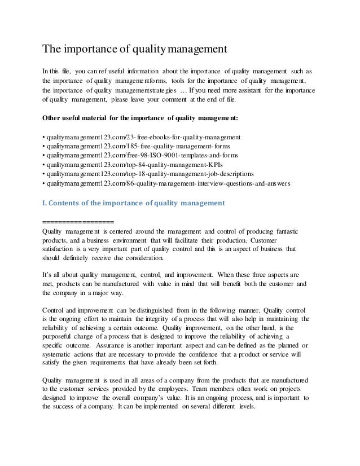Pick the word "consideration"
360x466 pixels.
click(x=142, y=258)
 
